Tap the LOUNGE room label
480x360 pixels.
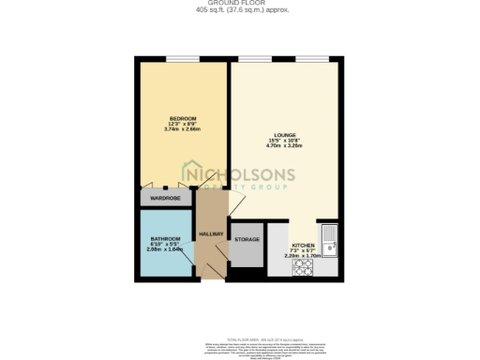click(285, 134)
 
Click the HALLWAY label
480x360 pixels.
click(211, 232)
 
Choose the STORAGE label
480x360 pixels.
click(247, 240)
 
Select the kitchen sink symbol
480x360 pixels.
click(329, 236)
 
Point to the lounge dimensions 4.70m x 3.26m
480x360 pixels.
click(285, 146)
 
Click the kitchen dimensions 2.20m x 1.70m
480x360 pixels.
click(303, 255)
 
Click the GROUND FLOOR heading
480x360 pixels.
click(239, 3)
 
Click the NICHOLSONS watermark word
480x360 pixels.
click(244, 174)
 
